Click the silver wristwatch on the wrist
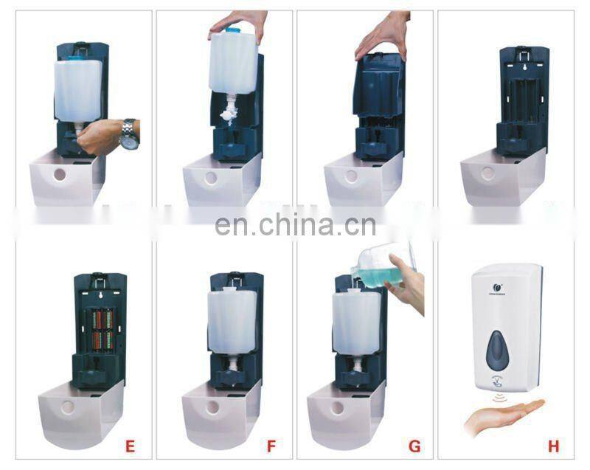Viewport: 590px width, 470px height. tap(129, 134)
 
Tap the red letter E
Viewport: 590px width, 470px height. tap(130, 446)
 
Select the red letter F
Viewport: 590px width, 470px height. tap(271, 446)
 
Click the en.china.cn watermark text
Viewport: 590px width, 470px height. tap(295, 224)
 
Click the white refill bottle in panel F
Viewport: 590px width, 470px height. tap(232, 319)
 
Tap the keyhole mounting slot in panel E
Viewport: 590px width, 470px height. tap(97, 293)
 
